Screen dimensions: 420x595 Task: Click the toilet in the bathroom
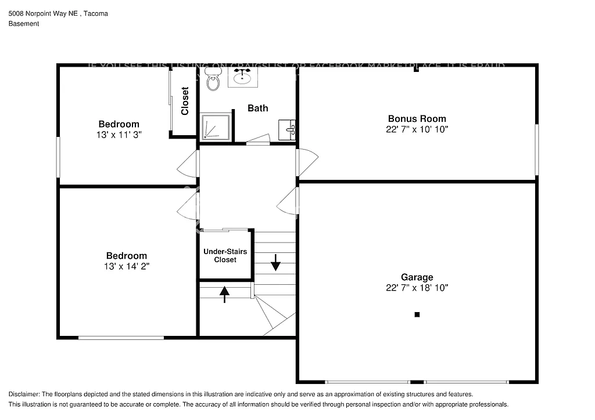[x=213, y=81]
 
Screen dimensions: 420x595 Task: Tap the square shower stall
[x=216, y=127]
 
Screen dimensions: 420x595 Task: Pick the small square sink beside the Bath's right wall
[x=287, y=129]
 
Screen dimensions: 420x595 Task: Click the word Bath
[x=258, y=108]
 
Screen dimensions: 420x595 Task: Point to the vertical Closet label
[x=185, y=101]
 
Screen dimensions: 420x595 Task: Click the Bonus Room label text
[x=417, y=119]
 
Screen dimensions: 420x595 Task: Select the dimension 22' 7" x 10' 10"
[x=417, y=129]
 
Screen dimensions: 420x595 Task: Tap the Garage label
[x=417, y=277]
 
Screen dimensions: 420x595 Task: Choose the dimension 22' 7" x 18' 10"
[x=417, y=288]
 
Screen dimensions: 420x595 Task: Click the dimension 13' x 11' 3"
[x=119, y=134]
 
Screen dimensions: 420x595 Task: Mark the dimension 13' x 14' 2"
[x=126, y=266]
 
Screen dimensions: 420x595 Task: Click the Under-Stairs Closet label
[x=225, y=256]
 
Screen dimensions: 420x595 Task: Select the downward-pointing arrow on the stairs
[x=275, y=265]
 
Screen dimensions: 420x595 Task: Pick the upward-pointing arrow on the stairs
[x=224, y=294]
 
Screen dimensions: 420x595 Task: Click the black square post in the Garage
[x=417, y=314]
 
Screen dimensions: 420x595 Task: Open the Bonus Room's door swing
[x=306, y=162]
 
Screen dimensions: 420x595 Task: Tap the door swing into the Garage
[x=287, y=201]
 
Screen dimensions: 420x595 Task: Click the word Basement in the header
[x=24, y=24]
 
